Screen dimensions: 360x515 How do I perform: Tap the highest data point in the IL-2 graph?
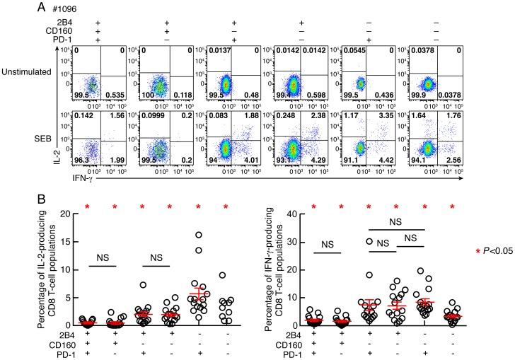point(200,234)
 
